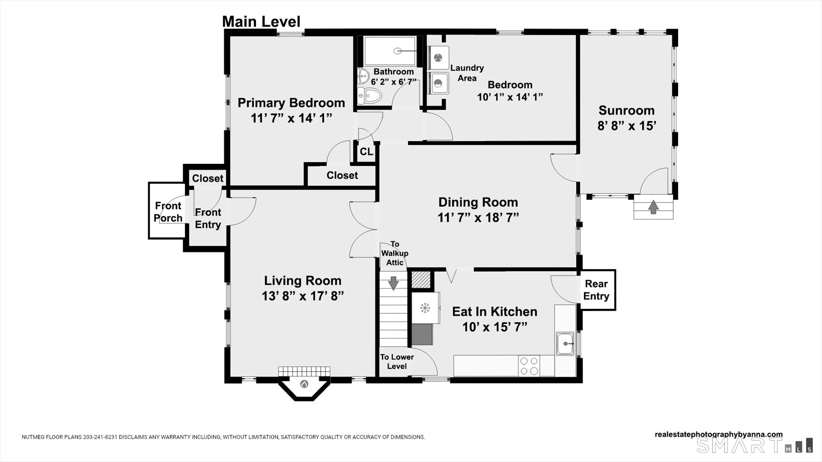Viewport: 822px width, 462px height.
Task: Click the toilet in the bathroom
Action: point(370,96)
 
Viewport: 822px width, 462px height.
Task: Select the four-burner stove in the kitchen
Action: point(529,365)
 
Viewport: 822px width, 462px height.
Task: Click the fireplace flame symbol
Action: point(304,384)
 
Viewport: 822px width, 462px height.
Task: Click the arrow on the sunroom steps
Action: point(653,207)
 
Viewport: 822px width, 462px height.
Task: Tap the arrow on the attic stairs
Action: point(393,283)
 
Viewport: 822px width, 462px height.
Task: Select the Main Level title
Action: point(261,21)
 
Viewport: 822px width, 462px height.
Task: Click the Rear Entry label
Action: point(596,290)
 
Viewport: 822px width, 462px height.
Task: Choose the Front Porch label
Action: point(168,212)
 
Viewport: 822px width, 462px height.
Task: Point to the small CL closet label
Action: point(366,152)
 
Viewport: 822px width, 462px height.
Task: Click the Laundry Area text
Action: point(467,73)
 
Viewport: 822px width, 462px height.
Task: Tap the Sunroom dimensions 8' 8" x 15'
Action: point(626,126)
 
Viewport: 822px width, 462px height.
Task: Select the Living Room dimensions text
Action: point(302,296)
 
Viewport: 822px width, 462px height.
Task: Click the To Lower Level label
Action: point(397,361)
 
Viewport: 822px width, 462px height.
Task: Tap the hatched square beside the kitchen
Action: point(421,280)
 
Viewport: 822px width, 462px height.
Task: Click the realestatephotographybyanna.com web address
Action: point(718,434)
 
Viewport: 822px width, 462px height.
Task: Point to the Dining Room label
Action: point(478,202)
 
